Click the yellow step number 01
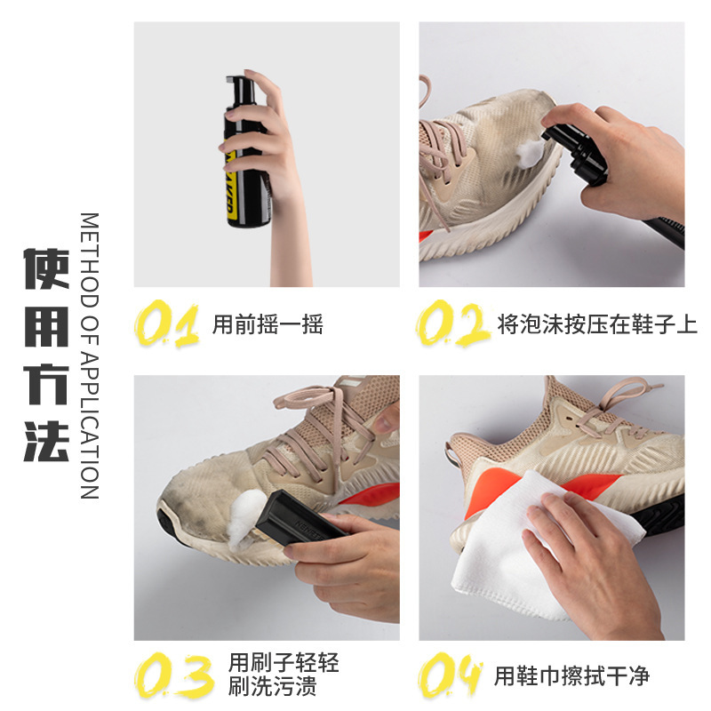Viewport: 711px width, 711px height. pos(167,324)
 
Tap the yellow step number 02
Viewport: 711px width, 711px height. pos(453,324)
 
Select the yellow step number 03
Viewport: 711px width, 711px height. pos(173,675)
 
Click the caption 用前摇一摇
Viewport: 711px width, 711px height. pos(268,324)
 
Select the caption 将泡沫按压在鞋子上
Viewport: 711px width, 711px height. pos(597,324)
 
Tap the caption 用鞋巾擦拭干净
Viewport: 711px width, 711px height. pos(571,676)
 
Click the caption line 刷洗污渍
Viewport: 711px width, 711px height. pos(272,686)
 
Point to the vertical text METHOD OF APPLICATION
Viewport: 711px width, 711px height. pos(90,356)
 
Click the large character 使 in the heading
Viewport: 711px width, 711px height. pos(46,268)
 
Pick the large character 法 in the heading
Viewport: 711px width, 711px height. pos(46,441)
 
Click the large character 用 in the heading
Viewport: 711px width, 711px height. pos(46,326)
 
